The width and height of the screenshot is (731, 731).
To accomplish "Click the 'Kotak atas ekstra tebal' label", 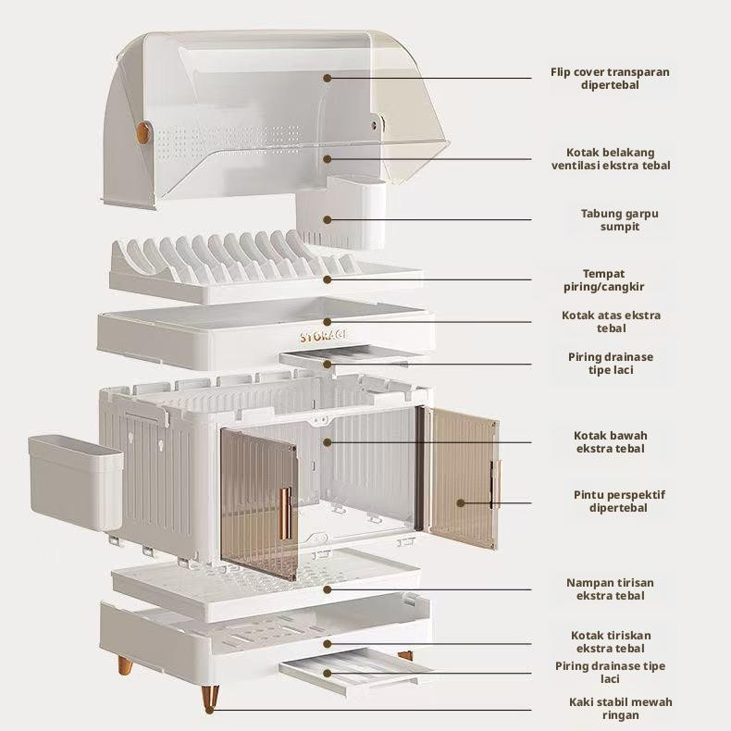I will [x=611, y=321].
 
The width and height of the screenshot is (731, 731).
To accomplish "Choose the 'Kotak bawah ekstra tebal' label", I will [x=610, y=441].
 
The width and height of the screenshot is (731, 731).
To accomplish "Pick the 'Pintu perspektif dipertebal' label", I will [x=618, y=501].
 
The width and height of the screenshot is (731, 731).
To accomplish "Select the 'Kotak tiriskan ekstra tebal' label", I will [x=610, y=641].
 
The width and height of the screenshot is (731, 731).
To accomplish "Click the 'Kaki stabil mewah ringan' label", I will [x=620, y=708].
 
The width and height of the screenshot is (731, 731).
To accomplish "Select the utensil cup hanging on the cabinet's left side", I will [x=73, y=481].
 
